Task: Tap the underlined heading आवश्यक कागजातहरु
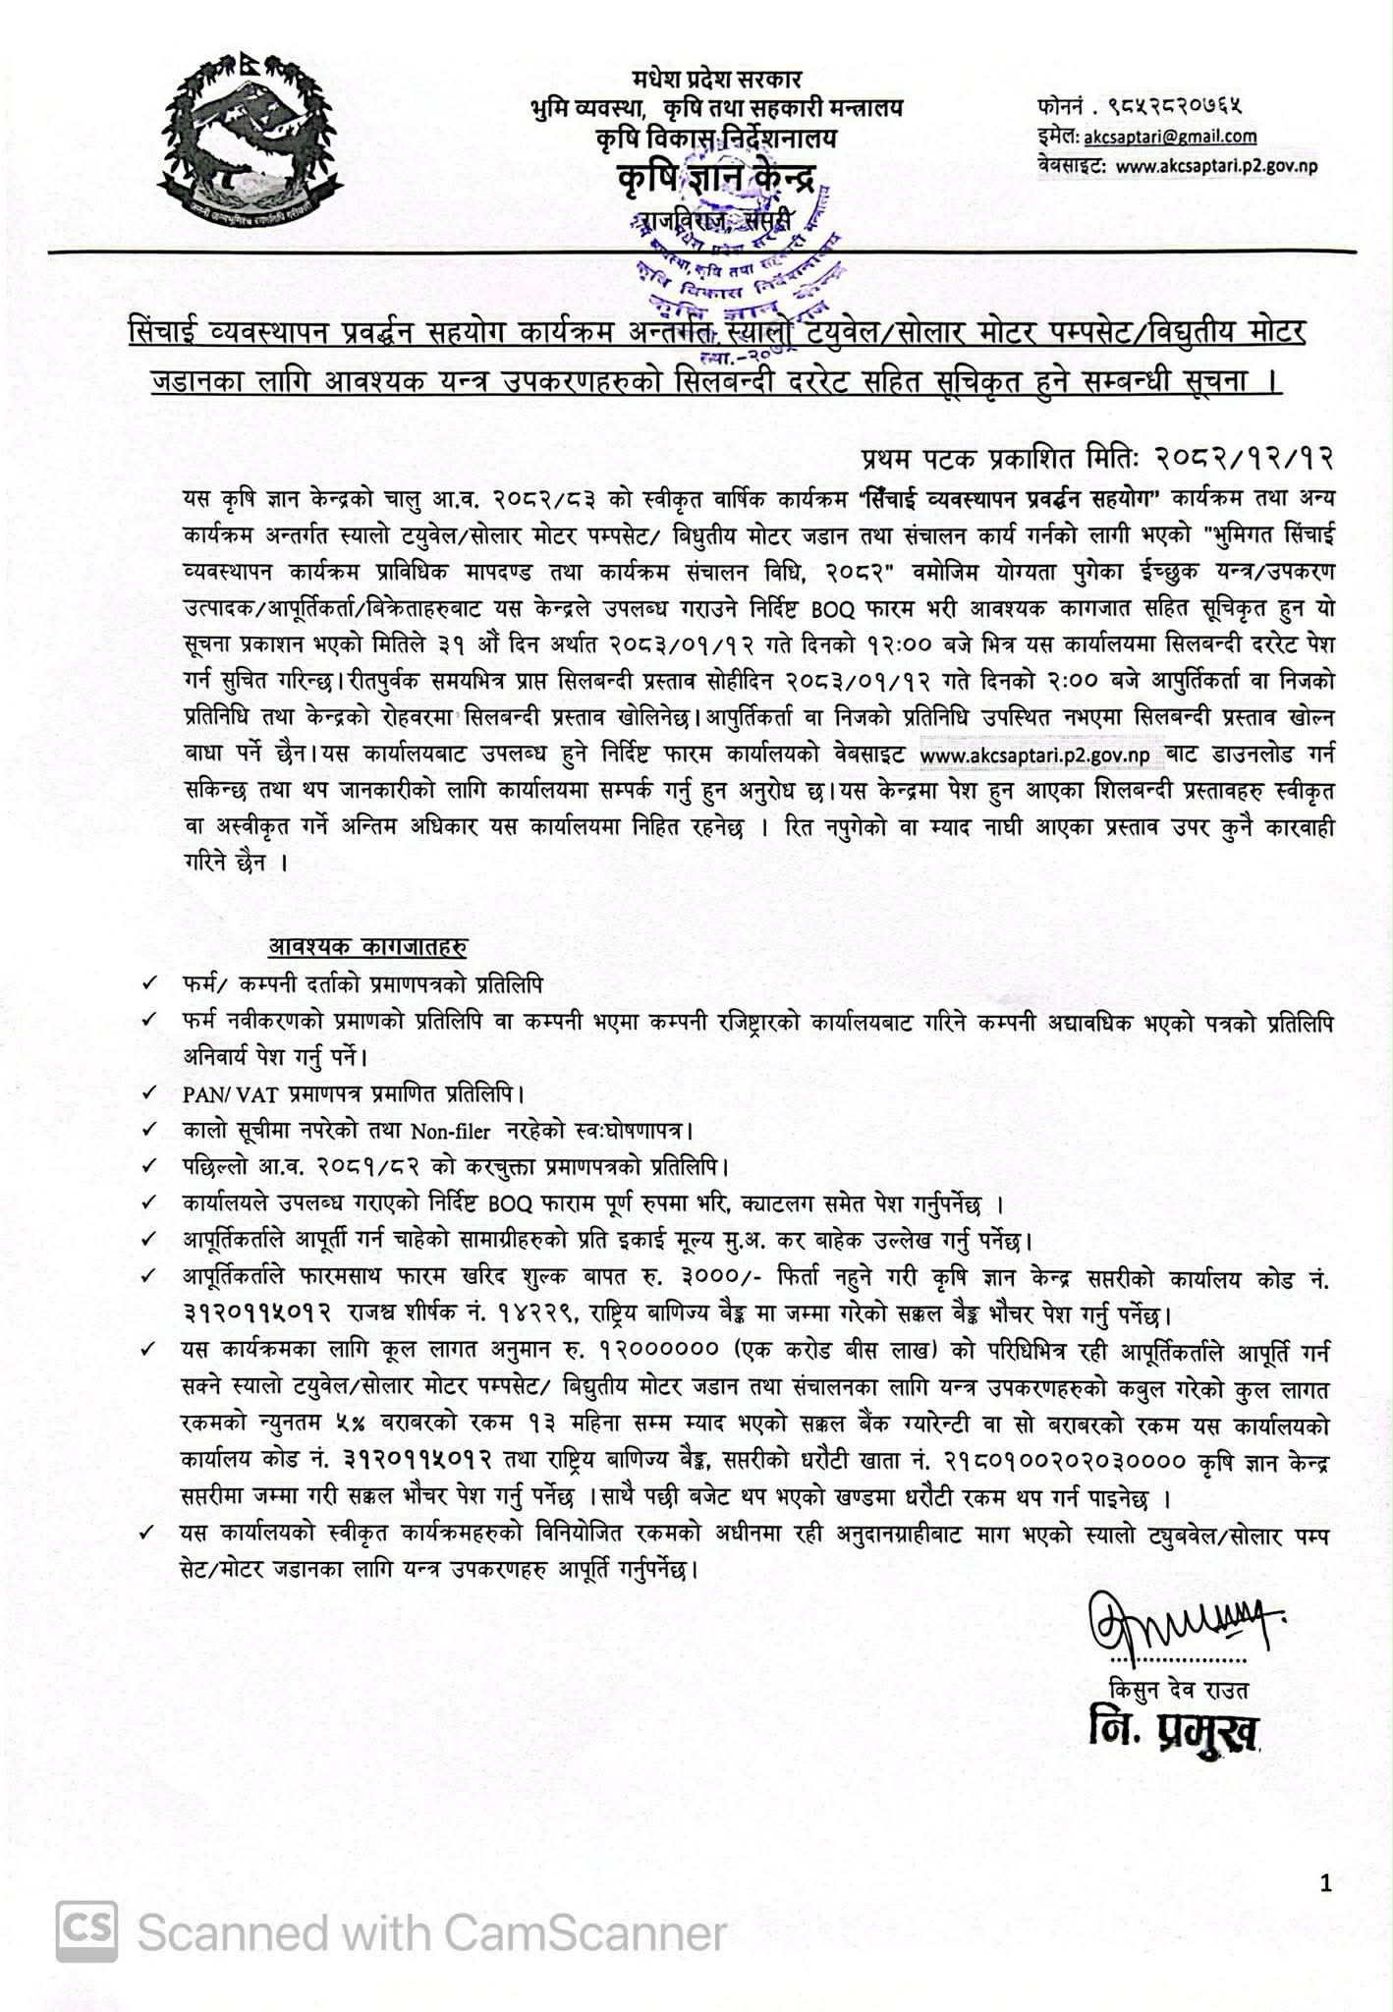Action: pos(367,947)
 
